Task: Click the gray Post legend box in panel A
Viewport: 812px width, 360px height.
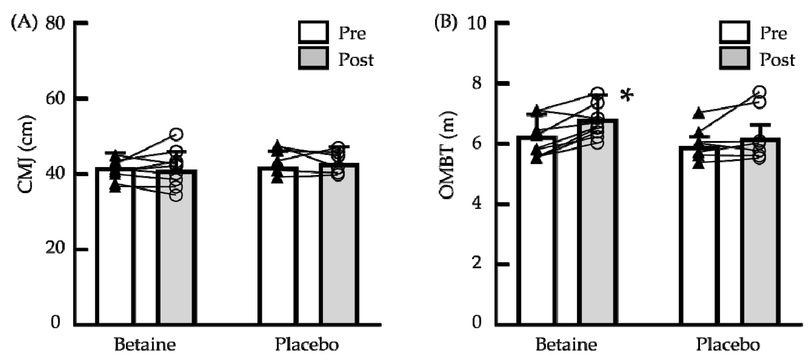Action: pyautogui.click(x=313, y=58)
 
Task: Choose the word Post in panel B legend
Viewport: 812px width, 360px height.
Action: pyautogui.click(x=777, y=60)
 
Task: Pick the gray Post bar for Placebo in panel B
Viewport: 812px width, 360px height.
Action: pyautogui.click(x=760, y=240)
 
